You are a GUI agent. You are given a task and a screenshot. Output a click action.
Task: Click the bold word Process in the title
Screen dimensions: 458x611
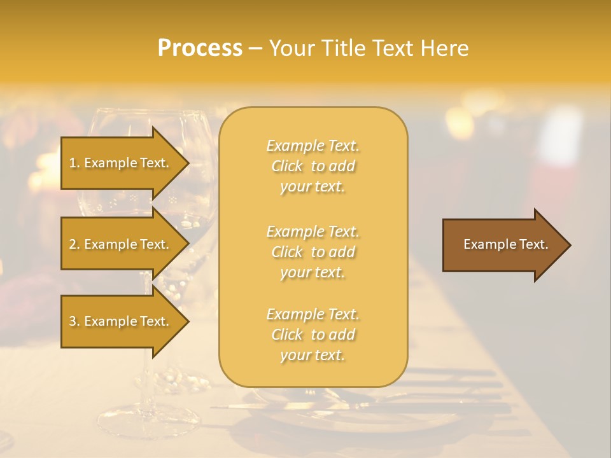pyautogui.click(x=200, y=48)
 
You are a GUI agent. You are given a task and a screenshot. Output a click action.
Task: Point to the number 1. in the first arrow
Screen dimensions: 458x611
pyautogui.click(x=74, y=163)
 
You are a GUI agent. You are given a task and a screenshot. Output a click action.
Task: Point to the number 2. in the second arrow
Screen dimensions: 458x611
pyautogui.click(x=74, y=245)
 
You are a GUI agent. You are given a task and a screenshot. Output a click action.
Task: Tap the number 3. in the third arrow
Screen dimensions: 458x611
pyautogui.click(x=74, y=322)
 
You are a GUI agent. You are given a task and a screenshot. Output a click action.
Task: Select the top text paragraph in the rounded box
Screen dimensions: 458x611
pyautogui.click(x=313, y=166)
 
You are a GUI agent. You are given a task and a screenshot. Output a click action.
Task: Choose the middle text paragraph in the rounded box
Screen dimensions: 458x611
pyautogui.click(x=313, y=252)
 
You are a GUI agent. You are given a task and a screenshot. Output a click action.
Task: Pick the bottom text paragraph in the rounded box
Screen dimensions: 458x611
pyautogui.click(x=313, y=335)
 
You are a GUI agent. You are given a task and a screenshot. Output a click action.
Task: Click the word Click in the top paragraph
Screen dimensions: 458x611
pyautogui.click(x=287, y=167)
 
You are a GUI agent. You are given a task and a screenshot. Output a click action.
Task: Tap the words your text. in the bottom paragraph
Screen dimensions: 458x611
pyautogui.click(x=313, y=356)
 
